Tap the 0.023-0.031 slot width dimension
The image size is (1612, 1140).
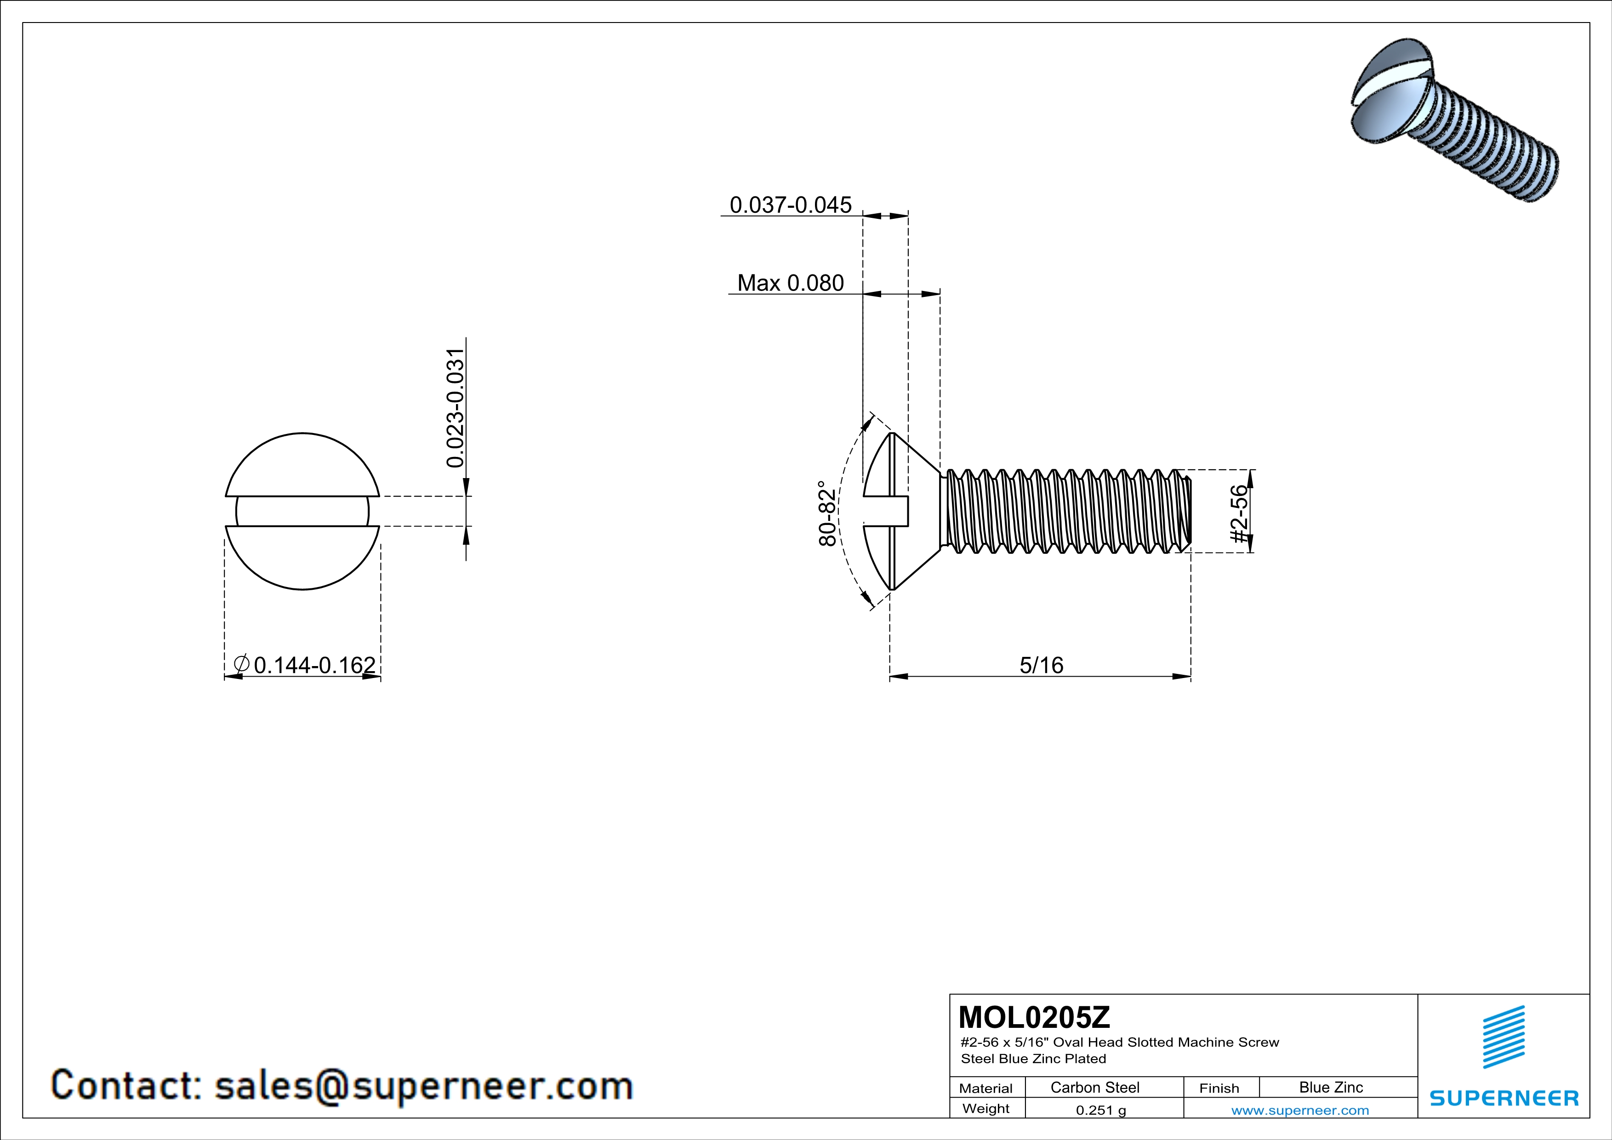pyautogui.click(x=456, y=407)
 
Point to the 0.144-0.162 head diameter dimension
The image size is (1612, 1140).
pyautogui.click(x=314, y=665)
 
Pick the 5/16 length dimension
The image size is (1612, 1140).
pyautogui.click(x=1041, y=665)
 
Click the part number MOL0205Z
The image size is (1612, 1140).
pyautogui.click(x=1034, y=1017)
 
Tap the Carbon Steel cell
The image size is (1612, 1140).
pyautogui.click(x=1094, y=1087)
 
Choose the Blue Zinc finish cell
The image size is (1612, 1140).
pyautogui.click(x=1330, y=1087)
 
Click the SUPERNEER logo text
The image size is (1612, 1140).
pyautogui.click(x=1504, y=1098)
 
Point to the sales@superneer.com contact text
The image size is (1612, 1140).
pyautogui.click(x=423, y=1085)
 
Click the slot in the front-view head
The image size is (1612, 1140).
pyautogui.click(x=302, y=511)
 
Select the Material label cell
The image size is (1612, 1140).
pyautogui.click(x=986, y=1088)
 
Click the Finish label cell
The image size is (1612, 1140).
pyautogui.click(x=1219, y=1088)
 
